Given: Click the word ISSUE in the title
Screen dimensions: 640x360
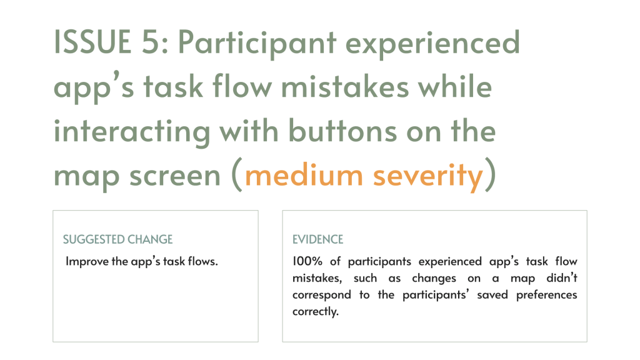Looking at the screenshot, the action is pyautogui.click(x=92, y=42).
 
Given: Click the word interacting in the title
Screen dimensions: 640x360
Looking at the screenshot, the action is pyautogui.click(x=132, y=132).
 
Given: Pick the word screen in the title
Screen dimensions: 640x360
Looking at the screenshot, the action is pyautogui.click(x=175, y=176).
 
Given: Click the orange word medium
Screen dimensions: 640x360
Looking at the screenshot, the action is pyautogui.click(x=304, y=176).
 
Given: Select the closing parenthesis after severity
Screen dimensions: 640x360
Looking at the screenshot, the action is pyautogui.click(x=490, y=175).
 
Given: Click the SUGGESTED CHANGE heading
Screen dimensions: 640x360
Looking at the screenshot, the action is pyautogui.click(x=118, y=239).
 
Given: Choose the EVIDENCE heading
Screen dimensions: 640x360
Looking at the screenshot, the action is pyautogui.click(x=318, y=239).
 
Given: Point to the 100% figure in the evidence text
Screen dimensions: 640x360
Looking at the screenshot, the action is pyautogui.click(x=307, y=261).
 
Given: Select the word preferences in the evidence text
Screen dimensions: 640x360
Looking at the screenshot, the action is pyautogui.click(x=546, y=295).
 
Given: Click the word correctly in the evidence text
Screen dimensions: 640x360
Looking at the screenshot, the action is pyautogui.click(x=316, y=312).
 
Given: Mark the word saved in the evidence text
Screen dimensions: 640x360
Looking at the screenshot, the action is pyautogui.click(x=492, y=295).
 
